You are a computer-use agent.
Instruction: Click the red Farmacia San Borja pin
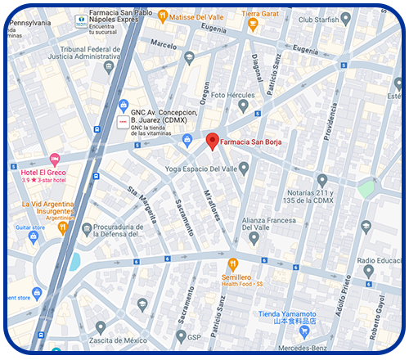212,141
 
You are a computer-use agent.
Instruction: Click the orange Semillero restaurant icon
233,263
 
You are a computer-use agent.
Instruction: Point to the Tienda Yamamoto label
287,314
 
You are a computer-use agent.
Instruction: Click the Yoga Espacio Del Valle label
201,169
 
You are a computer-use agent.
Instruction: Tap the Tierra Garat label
259,14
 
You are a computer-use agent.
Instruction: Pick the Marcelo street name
164,44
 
